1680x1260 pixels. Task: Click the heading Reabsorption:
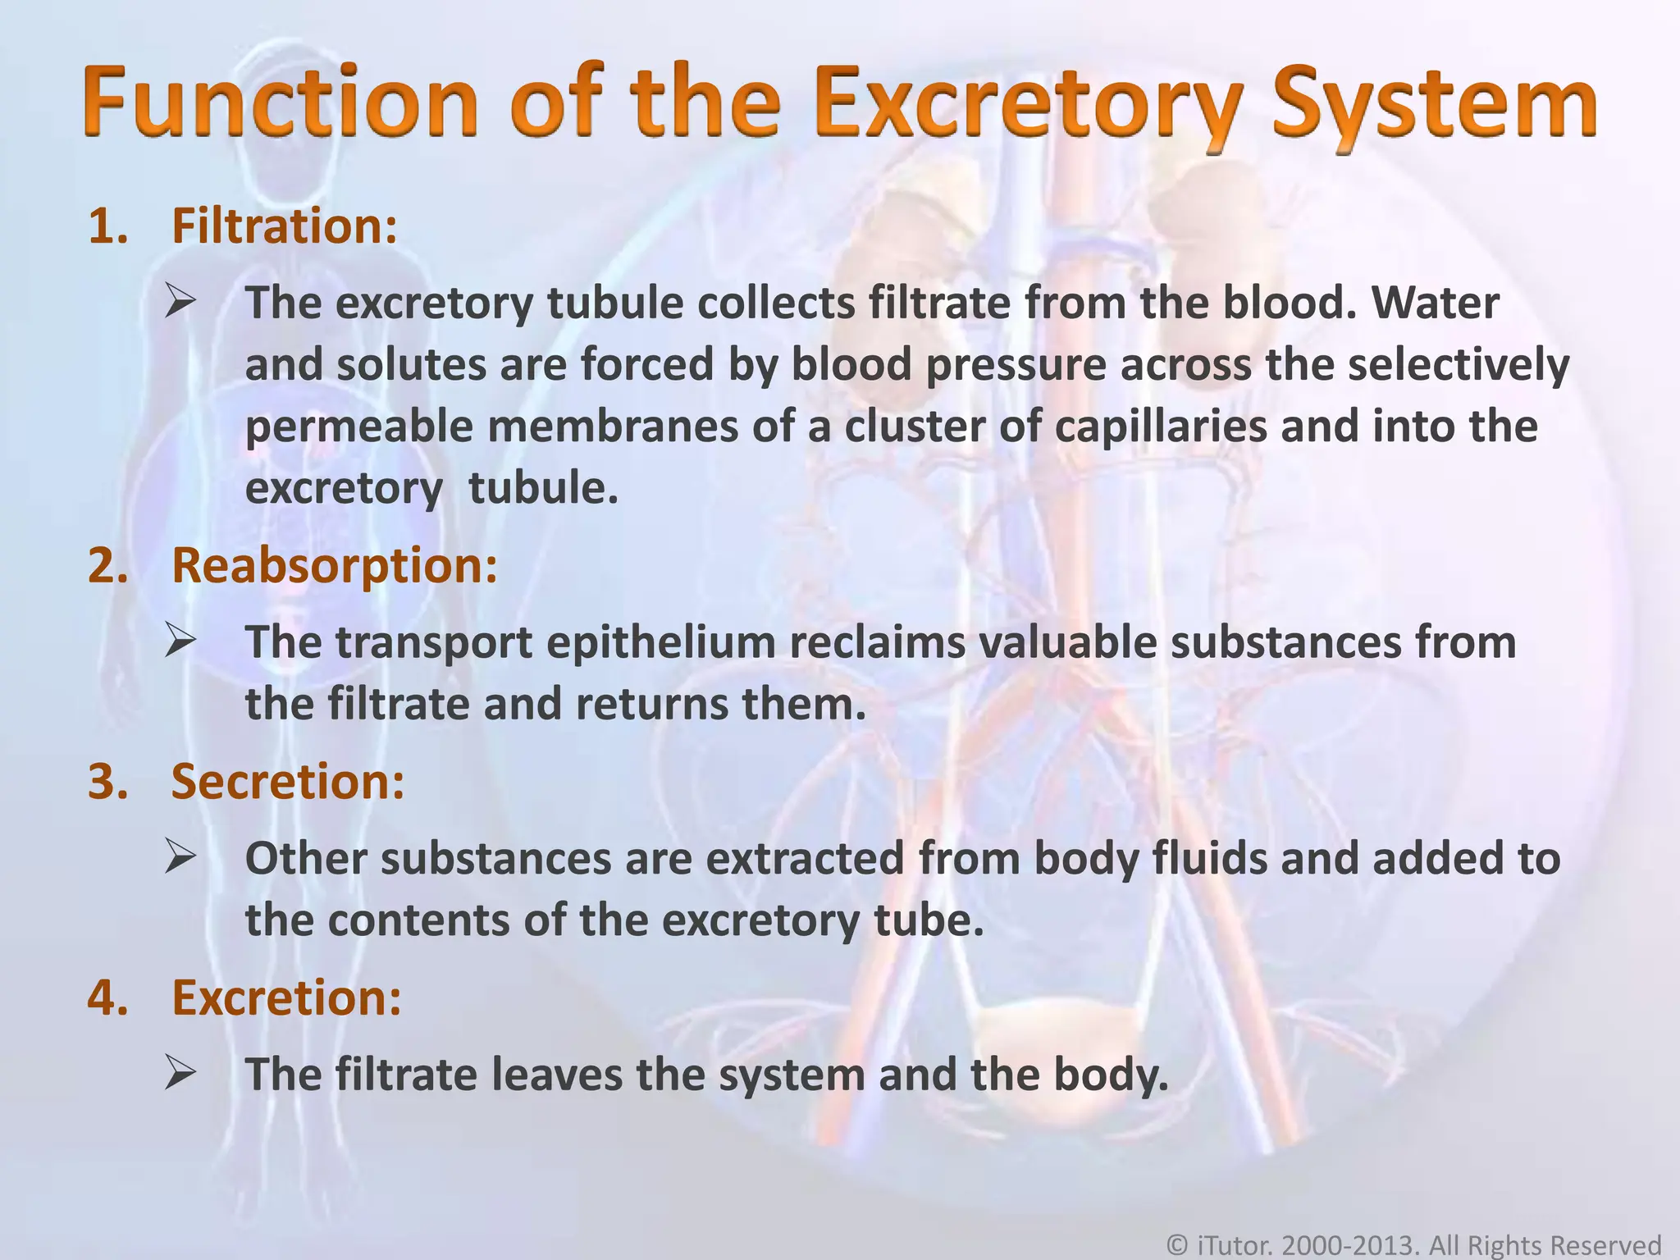click(x=334, y=565)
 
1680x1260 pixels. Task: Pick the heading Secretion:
click(x=287, y=781)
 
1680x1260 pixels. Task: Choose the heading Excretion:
click(x=285, y=997)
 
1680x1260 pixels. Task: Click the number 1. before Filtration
click(x=108, y=226)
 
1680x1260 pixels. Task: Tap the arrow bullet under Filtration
click(x=180, y=302)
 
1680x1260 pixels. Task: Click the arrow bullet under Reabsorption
click(x=180, y=641)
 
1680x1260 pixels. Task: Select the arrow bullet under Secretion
click(x=180, y=857)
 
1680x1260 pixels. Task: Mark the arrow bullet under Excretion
click(x=180, y=1073)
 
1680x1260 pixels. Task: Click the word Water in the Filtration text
click(x=1436, y=302)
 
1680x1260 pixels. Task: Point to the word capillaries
click(x=1160, y=426)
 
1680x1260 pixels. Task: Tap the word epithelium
click(x=660, y=641)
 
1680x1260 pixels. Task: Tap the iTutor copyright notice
click(x=1413, y=1245)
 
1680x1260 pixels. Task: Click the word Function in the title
click(x=280, y=105)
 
